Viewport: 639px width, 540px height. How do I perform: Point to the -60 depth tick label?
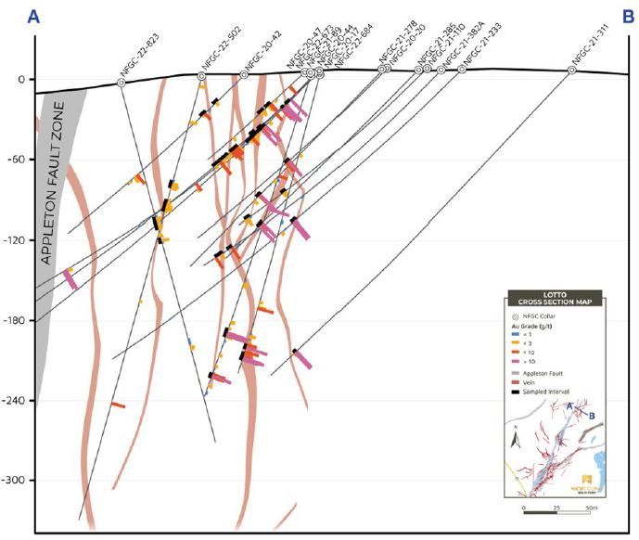coord(16,160)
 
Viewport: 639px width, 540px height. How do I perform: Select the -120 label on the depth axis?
coord(14,240)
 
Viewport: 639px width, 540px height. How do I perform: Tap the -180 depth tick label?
coord(14,320)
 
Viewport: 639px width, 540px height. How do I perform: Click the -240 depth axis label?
coord(14,401)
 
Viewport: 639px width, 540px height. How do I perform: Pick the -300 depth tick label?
coord(14,481)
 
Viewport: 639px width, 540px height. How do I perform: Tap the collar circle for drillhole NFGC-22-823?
coord(121,84)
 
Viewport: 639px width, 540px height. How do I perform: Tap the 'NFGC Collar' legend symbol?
coord(516,317)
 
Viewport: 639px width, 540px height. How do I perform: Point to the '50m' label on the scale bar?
coord(590,509)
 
